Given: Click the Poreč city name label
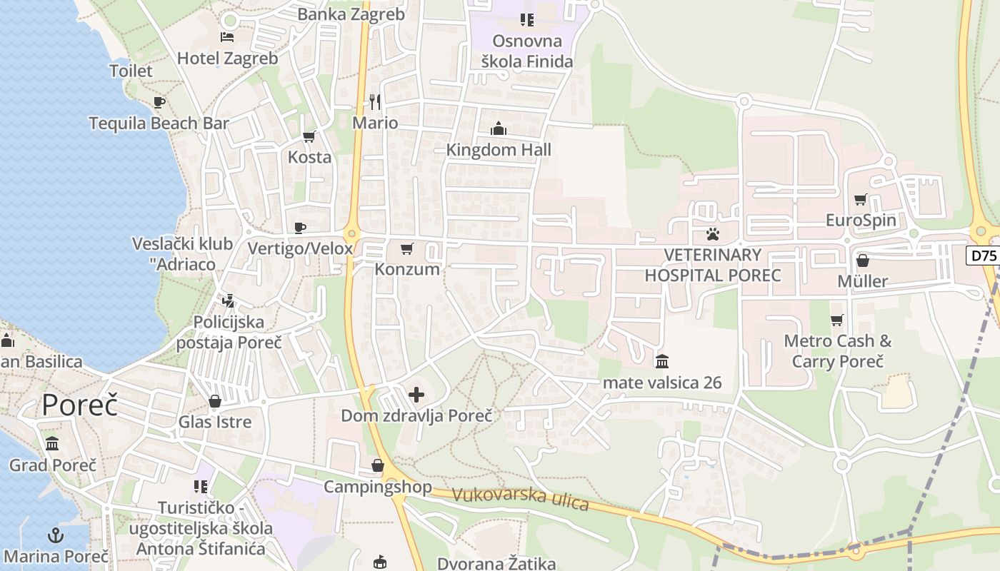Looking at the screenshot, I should tap(79, 405).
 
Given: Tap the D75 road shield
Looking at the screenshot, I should tap(984, 256).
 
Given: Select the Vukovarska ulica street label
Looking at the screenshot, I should tap(520, 498).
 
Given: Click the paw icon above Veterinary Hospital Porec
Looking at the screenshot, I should tap(712, 233).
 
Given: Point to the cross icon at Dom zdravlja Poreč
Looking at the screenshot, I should tap(416, 394).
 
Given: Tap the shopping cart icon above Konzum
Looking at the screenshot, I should tap(407, 248).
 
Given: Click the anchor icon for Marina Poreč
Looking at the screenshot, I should tap(56, 535).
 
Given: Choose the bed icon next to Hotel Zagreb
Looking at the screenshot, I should tap(227, 37).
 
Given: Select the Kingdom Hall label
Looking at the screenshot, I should tap(499, 150).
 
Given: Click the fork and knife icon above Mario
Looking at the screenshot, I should tap(375, 102).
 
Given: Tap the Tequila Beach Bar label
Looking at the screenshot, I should tap(159, 123).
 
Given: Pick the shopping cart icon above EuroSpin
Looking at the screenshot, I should tap(861, 199).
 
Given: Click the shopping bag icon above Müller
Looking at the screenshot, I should tap(863, 261).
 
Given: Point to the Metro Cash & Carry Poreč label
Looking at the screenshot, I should tap(837, 350).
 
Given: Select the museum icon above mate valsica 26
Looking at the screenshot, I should tap(662, 361).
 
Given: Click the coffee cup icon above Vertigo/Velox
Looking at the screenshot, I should tap(300, 228).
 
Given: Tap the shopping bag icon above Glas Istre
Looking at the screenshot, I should tap(214, 402).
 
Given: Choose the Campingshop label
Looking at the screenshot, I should tap(378, 487).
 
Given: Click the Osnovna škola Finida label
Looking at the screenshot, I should tap(526, 51).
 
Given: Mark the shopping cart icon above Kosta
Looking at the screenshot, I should tap(309, 136).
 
